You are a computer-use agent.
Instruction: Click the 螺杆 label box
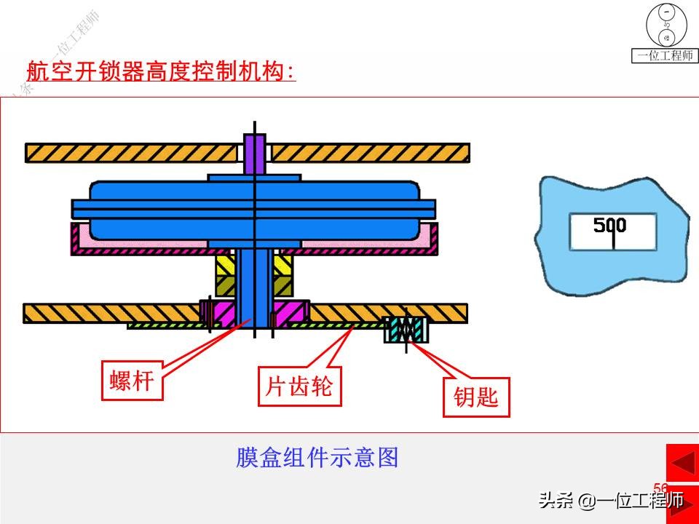[x=131, y=381]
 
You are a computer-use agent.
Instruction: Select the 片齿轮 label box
[x=299, y=386]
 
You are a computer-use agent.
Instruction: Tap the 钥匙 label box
[x=476, y=397]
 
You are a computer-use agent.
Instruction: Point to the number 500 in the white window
[x=609, y=225]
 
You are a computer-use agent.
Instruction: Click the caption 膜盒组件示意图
[x=317, y=458]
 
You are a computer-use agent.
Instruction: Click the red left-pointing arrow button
[x=682, y=462]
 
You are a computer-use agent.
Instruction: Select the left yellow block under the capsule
[x=224, y=277]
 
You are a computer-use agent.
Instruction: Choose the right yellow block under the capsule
[x=283, y=277]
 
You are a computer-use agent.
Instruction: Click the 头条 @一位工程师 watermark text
[x=611, y=500]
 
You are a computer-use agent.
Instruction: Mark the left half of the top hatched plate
[x=131, y=153]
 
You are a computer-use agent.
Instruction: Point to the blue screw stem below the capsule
[x=253, y=287]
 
